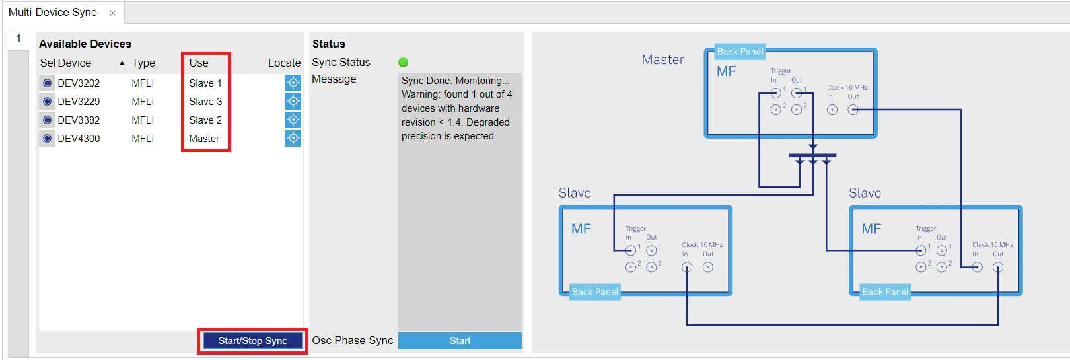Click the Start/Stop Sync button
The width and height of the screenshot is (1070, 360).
(253, 340)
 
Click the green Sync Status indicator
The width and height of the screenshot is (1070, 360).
(403, 62)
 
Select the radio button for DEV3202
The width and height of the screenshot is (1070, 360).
(47, 83)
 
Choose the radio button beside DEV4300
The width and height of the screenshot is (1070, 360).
(47, 139)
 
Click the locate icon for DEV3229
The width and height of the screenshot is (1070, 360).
(293, 101)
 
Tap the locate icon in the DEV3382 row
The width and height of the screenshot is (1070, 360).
(293, 120)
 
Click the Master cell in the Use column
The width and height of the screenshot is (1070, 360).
(204, 139)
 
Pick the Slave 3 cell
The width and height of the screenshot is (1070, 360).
(205, 101)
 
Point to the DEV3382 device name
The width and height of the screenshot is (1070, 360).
(79, 120)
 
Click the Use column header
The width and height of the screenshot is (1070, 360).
(199, 63)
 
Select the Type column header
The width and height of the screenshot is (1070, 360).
(143, 63)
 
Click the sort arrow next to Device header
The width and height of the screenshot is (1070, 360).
(122, 63)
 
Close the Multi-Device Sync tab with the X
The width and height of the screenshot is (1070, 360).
(113, 13)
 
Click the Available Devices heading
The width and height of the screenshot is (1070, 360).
(85, 44)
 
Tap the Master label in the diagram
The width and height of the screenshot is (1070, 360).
(662, 59)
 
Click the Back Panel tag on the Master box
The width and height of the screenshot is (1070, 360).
(740, 52)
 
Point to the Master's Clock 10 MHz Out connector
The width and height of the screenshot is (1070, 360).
(853, 110)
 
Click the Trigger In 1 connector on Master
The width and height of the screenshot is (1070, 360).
(775, 92)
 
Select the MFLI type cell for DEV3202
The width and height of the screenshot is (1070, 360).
(143, 83)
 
